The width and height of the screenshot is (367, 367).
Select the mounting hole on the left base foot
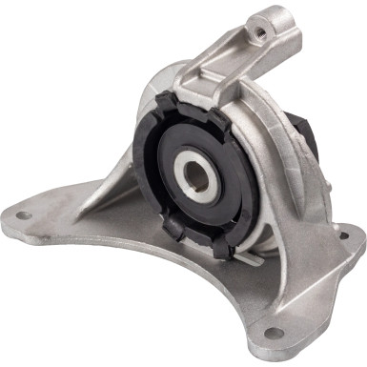click(x=22, y=215)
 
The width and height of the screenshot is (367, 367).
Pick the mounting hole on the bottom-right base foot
click(x=274, y=333)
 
